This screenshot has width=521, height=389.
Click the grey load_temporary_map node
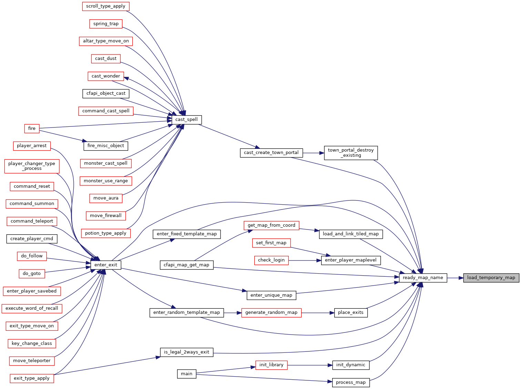pos(491,278)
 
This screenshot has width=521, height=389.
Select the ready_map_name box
pos(423,278)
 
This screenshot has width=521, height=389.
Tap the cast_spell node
pos(186,120)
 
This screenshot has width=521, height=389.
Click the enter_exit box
pos(106,265)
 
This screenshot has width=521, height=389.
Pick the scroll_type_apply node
pos(106,6)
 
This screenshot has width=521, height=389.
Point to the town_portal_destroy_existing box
pos(351,153)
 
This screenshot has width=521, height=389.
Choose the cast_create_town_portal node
pos(271,153)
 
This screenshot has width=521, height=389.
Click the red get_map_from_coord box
pos(271,225)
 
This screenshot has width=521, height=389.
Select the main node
pos(186,374)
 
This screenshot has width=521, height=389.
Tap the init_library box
pos(271,365)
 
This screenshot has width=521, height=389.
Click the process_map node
pos(351,382)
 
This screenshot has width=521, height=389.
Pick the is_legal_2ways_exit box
pos(186,352)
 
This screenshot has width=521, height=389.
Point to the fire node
pos(32,129)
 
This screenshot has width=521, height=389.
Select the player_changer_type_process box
pos(32,166)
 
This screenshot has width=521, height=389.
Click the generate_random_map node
pos(271,313)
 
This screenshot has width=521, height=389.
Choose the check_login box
pos(271,260)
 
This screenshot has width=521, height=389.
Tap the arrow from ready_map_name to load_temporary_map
pos(455,278)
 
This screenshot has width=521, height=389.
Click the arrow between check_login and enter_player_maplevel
pos(305,260)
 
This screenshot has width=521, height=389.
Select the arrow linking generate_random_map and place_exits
pos(318,313)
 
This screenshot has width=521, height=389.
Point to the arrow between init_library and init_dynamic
pos(310,365)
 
